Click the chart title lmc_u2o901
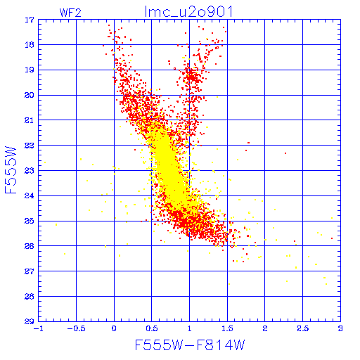[x=189, y=12]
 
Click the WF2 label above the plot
[x=70, y=13]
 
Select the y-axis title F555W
[x=11, y=170]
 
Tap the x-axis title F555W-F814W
[x=190, y=345]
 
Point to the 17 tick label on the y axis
[x=30, y=20]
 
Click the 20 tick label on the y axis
[x=30, y=95]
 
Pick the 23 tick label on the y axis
[x=30, y=170]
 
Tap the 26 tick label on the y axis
[x=30, y=246]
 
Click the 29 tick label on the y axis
[x=30, y=321]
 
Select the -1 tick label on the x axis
[x=38, y=328]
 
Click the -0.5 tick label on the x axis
[x=76, y=328]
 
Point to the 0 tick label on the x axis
[x=114, y=328]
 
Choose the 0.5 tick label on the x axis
[x=152, y=328]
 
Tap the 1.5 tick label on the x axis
[x=227, y=328]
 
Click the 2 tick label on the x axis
[x=265, y=328]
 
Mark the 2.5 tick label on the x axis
[x=303, y=328]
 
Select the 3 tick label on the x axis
[x=340, y=328]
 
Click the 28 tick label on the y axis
[x=30, y=297]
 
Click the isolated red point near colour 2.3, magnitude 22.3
[x=285, y=153]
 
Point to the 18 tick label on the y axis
[x=30, y=44]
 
